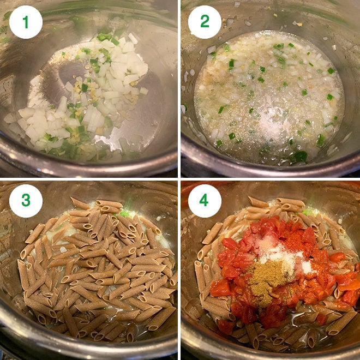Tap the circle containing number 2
coord(205,22)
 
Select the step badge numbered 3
coord(26,201)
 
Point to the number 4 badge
coord(205,201)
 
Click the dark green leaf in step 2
coord(299,157)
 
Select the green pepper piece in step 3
coord(125,213)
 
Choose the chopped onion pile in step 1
coord(87,104)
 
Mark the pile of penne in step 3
coord(93,267)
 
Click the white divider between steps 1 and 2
coord(179,87)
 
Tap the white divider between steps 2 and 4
coord(270,179)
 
